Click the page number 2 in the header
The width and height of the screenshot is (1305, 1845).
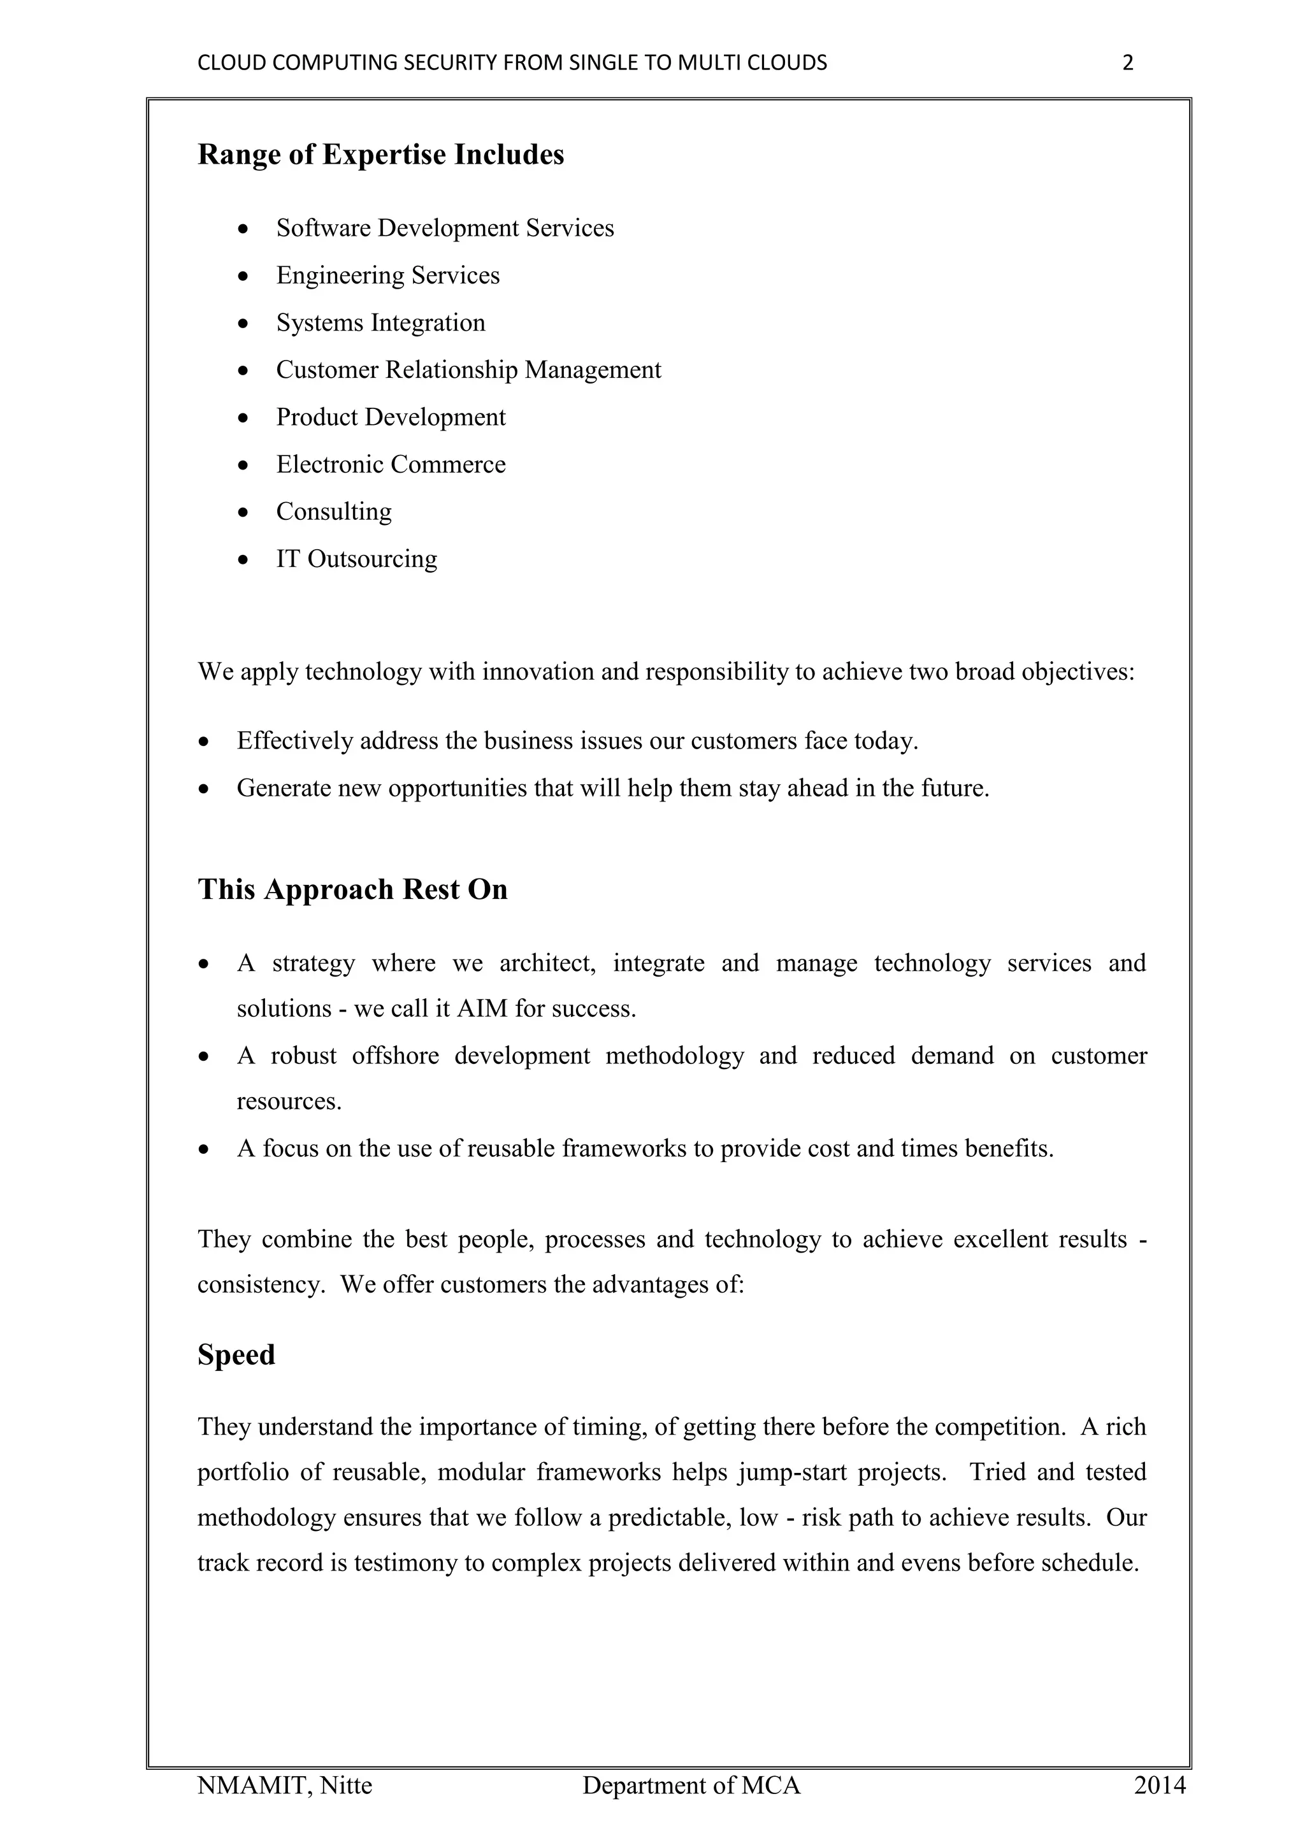[x=1127, y=62]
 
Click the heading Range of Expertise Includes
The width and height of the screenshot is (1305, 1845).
[x=381, y=154]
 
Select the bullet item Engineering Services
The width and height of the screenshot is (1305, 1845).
[x=387, y=276]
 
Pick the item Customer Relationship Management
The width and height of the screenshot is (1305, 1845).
[x=468, y=370]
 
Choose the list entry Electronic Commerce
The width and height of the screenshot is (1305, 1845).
[x=391, y=464]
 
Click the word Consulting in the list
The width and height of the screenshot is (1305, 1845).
[x=333, y=512]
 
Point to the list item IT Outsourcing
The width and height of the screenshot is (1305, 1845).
[x=356, y=559]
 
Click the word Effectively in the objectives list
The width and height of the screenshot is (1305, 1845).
[x=295, y=741]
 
